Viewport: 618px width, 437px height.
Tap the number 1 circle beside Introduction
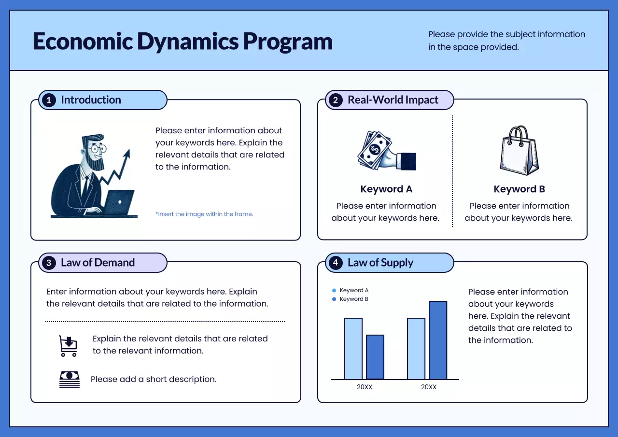pos(49,100)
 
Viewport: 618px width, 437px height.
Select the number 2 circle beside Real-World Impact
pos(335,100)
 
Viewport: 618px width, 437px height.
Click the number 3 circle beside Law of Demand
pos(49,263)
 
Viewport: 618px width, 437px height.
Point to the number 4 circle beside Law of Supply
pos(335,263)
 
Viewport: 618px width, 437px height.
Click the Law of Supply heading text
pos(380,263)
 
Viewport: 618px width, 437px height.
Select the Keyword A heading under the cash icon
pos(386,189)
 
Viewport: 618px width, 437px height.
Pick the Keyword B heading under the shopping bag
pos(519,189)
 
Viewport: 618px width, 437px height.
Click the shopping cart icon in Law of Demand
pos(68,346)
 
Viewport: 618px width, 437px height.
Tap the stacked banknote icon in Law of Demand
pos(69,380)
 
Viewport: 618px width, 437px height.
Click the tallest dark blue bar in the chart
pos(438,340)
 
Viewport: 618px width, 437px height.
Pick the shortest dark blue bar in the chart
pos(375,357)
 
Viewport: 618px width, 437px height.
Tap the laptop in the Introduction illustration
pos(118,203)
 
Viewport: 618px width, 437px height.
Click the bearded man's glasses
pos(98,149)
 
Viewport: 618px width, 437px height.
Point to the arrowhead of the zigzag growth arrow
pos(127,154)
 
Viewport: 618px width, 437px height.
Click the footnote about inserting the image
pos(204,214)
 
